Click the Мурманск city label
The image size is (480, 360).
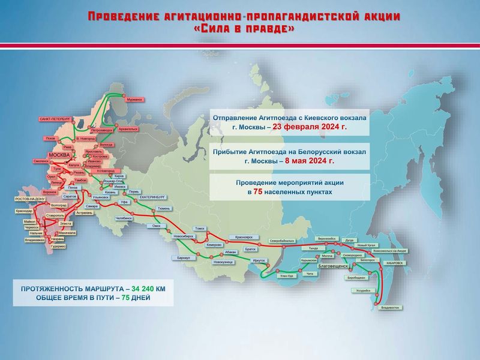(x=135, y=100)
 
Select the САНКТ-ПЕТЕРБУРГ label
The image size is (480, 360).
(x=55, y=119)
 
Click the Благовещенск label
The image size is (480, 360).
(x=335, y=265)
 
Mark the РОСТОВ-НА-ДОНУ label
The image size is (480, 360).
(x=30, y=199)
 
